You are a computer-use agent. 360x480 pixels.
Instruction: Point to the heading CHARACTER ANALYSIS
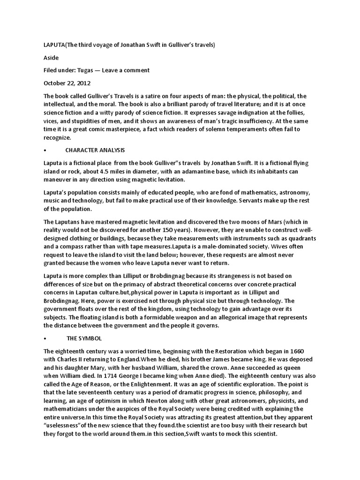pos(96,150)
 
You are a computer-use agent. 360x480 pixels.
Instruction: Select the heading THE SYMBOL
pos(85,338)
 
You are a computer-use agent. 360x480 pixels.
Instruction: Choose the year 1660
pos(300,351)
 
